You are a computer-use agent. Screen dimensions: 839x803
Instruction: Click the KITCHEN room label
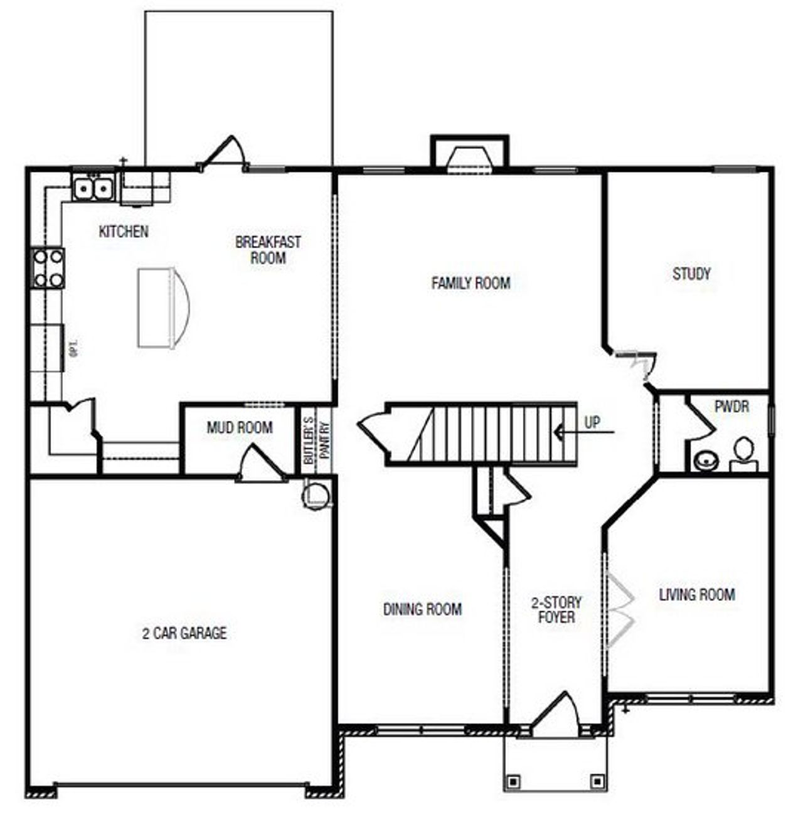pos(124,232)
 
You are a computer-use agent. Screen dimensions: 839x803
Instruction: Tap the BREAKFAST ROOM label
pos(268,250)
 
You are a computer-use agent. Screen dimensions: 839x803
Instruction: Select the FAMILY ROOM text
pos(471,283)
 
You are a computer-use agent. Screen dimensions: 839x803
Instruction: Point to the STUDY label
pos(691,274)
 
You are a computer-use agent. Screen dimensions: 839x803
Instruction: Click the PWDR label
pos(731,407)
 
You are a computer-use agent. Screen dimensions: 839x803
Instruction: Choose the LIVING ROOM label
pos(696,594)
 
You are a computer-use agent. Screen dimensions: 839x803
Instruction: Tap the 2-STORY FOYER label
pos(556,610)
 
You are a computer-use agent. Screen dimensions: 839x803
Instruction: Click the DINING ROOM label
pos(422,609)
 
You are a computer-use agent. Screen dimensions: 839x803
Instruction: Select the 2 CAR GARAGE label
pos(184,633)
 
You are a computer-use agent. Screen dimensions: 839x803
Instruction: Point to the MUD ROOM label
pos(240,428)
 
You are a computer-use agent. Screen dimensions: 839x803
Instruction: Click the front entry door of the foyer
pos(556,715)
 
